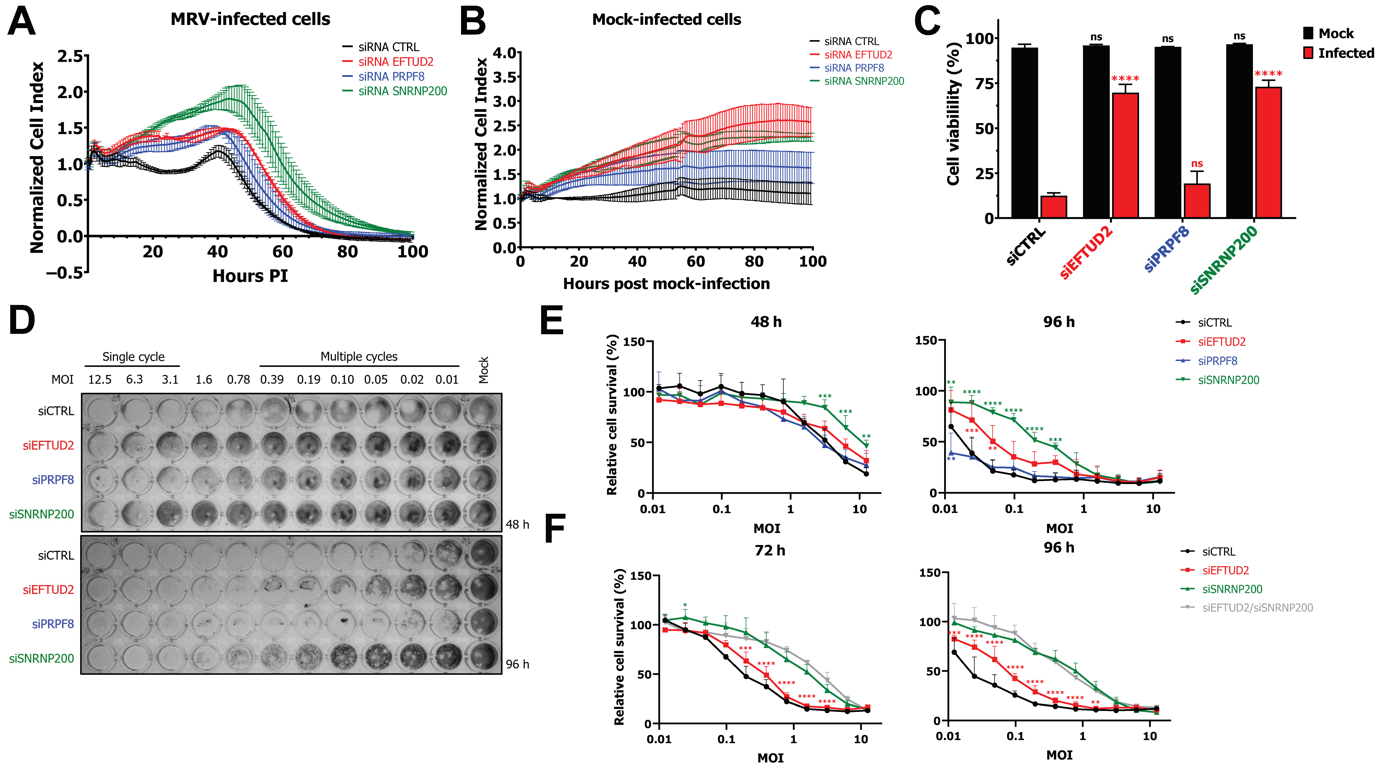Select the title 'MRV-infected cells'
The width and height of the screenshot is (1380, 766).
[x=250, y=19]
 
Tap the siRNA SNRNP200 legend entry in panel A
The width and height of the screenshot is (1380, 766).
[x=395, y=91]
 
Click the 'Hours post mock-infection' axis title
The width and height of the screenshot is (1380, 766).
[x=666, y=283]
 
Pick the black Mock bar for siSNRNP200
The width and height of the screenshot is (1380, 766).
[x=1239, y=131]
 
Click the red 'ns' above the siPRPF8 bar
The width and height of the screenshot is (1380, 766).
[x=1197, y=163]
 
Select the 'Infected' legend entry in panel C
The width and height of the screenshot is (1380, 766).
[x=1338, y=53]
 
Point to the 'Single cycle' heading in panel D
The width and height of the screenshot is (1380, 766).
[x=133, y=357]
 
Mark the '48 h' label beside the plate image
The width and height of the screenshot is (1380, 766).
[x=517, y=524]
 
